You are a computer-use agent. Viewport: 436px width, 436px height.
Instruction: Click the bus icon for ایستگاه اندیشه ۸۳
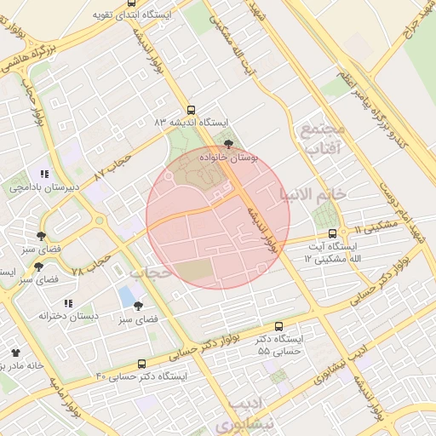click(x=190, y=110)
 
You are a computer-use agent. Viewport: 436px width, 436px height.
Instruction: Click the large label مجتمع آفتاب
click(x=321, y=139)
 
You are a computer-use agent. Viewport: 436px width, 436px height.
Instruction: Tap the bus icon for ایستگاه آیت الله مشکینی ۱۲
click(x=332, y=232)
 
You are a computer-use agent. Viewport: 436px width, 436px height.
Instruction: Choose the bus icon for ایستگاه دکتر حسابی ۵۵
click(x=278, y=326)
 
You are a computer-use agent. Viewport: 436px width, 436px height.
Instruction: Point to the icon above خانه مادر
click(x=15, y=352)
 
